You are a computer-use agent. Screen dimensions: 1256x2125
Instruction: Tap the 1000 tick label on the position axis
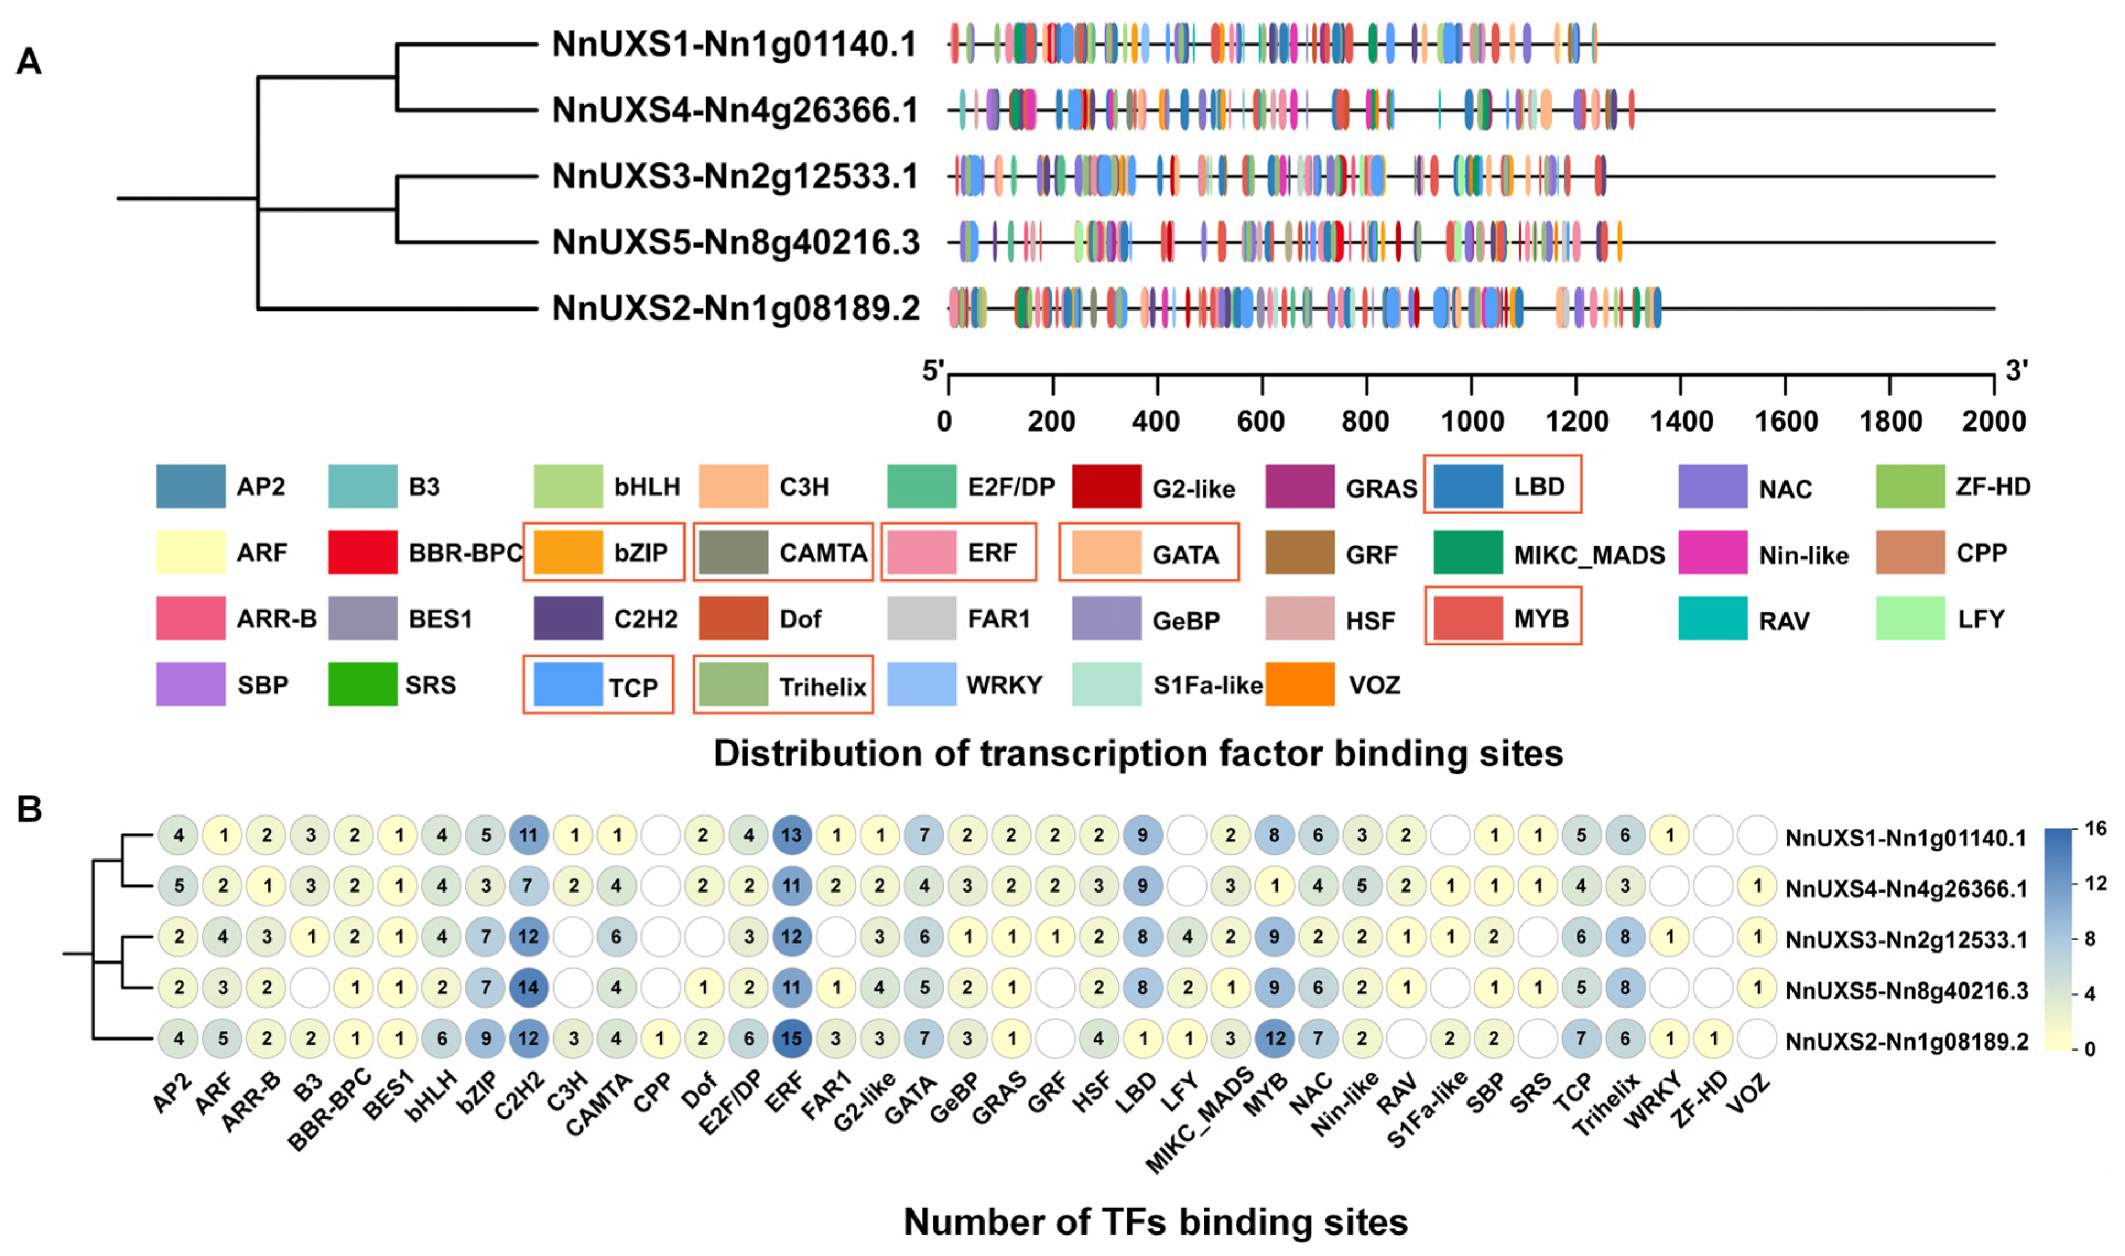[x=1472, y=421]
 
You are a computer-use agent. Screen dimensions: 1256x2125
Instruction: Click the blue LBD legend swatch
[x=1468, y=486]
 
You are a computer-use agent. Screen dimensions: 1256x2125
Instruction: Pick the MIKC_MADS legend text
[x=1589, y=555]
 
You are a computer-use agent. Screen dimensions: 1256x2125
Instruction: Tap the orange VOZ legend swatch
[x=1300, y=684]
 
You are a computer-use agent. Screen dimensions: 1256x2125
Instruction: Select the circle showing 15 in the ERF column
[x=791, y=1038]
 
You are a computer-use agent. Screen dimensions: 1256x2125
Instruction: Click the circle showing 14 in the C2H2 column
[x=528, y=988]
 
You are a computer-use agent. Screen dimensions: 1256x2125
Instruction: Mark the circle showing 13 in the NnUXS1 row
[x=791, y=835]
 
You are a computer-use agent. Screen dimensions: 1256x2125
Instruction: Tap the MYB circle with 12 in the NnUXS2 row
[x=1274, y=1038]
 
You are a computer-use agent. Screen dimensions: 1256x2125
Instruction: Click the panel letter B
[x=30, y=809]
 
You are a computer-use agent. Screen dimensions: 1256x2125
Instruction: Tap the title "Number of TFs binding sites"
[x=1155, y=1221]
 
